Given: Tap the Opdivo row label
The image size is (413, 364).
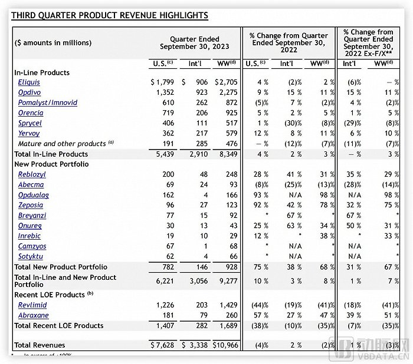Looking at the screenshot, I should click(29, 92).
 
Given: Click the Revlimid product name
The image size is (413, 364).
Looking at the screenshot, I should click(32, 305).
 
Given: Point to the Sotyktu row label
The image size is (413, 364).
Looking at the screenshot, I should click(32, 256).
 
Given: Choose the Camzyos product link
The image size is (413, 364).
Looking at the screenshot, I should click(32, 246).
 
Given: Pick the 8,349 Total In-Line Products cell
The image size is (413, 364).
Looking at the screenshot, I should click(227, 153).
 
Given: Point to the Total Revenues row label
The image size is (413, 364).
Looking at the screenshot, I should click(40, 345).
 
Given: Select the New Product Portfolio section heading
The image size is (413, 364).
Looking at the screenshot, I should click(51, 164).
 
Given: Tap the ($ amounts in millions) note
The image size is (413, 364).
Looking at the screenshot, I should click(53, 43).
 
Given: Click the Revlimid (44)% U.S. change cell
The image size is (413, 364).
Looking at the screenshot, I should click(251, 305).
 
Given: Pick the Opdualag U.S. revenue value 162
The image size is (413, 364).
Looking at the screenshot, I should click(166, 194).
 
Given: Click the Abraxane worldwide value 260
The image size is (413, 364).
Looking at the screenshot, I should click(230, 315).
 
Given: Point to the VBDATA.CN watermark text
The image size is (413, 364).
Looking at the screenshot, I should click(378, 355).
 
